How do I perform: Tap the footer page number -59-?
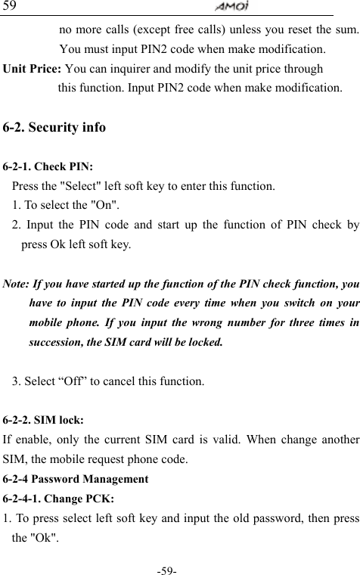179,567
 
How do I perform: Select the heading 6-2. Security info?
54,127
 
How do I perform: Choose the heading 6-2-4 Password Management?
76,479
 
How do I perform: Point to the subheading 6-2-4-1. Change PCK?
59,499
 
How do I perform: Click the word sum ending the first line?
347,30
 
